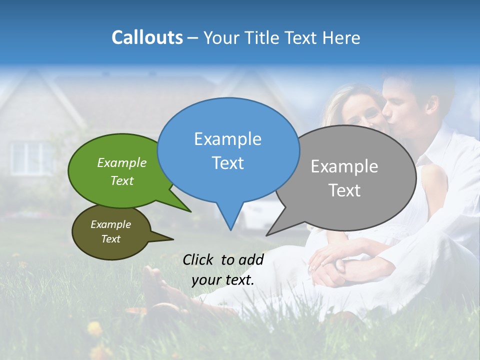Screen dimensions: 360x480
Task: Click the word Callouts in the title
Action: click(147, 37)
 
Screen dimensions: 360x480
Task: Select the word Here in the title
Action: click(341, 37)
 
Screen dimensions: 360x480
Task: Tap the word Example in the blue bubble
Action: click(227, 139)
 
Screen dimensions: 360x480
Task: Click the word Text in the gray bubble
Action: click(344, 190)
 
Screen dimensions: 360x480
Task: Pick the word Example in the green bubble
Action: click(121, 162)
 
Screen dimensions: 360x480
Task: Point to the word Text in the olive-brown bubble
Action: click(110, 239)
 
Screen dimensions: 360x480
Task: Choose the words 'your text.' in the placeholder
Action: click(223, 280)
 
